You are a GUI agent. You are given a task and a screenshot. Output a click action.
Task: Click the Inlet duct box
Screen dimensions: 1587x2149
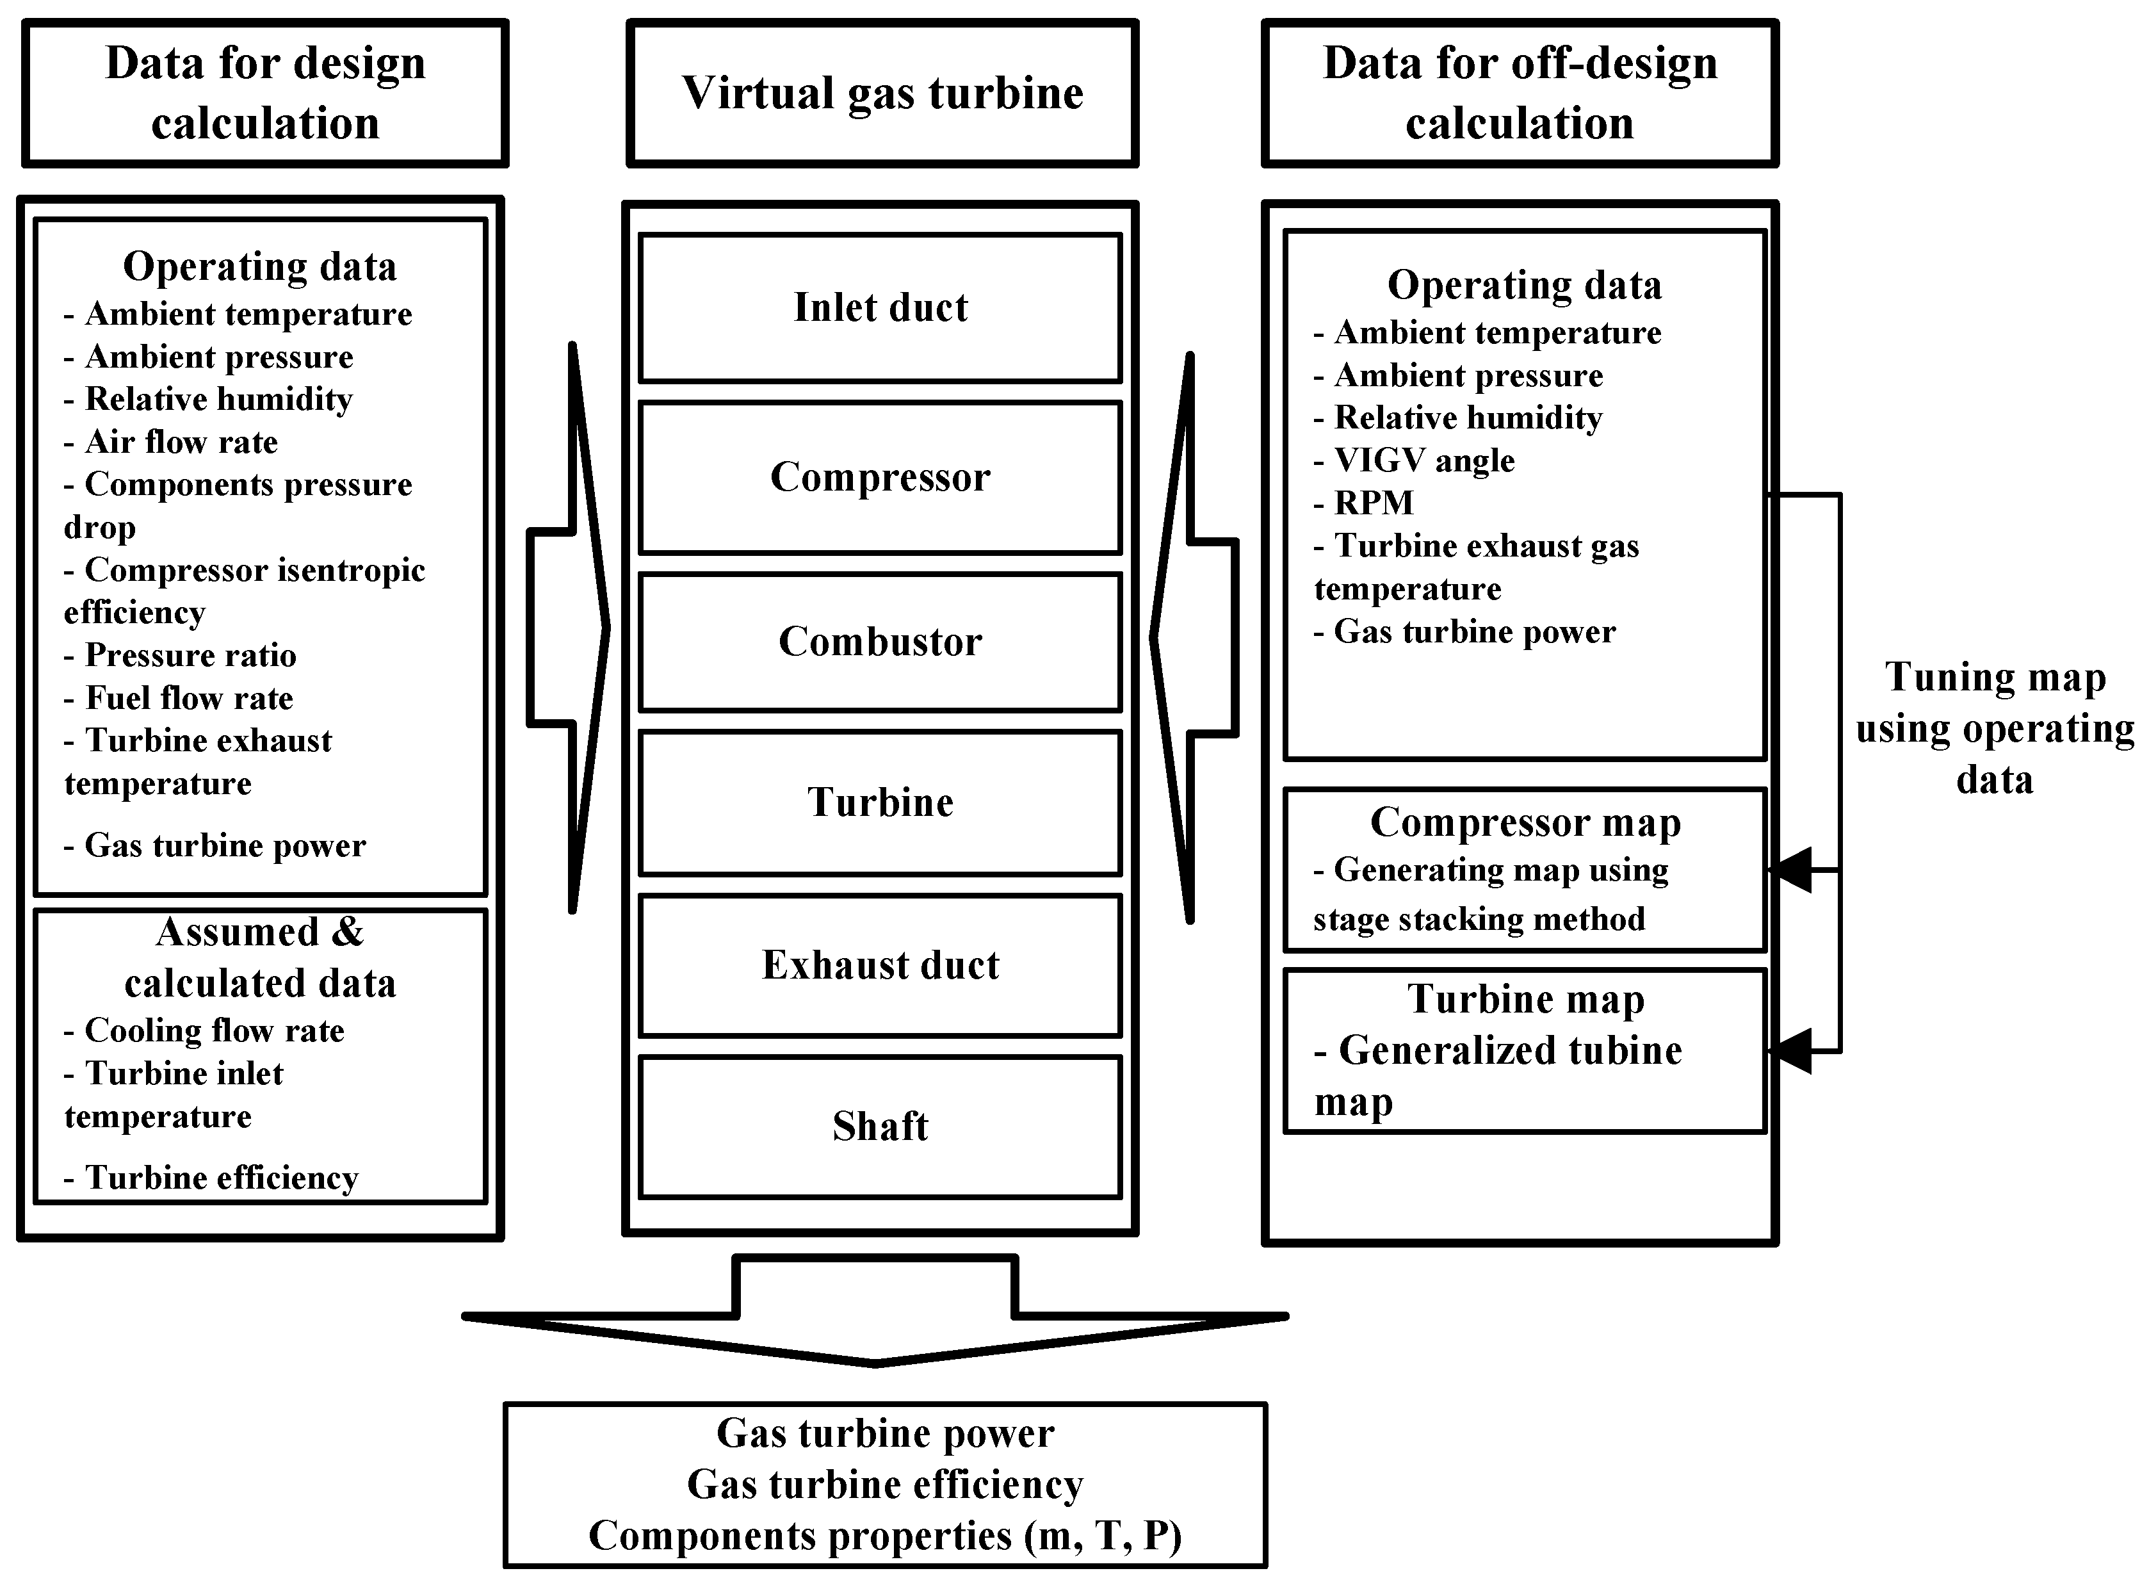coord(880,307)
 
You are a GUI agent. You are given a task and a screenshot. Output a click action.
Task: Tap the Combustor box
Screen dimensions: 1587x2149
coord(880,642)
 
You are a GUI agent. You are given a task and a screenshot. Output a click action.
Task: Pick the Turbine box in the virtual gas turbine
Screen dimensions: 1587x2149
coord(880,802)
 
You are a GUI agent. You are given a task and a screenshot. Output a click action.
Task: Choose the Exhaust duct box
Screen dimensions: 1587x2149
coord(880,964)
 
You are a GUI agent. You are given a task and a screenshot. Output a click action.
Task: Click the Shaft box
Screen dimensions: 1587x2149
coord(880,1126)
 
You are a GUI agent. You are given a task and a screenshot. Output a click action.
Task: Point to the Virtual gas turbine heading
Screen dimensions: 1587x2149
coord(882,94)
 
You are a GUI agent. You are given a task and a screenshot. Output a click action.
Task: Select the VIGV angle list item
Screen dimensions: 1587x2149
coord(1423,460)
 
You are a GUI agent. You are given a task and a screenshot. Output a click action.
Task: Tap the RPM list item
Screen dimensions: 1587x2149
coord(1373,502)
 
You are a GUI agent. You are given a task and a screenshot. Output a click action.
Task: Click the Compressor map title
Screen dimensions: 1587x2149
coord(1525,822)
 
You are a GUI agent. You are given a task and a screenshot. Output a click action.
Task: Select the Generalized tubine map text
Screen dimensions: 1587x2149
coord(1498,1074)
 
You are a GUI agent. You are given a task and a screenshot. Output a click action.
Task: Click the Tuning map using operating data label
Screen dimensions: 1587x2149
coord(1995,728)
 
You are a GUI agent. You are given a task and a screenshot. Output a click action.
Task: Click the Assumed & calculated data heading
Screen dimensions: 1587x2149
coord(259,957)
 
